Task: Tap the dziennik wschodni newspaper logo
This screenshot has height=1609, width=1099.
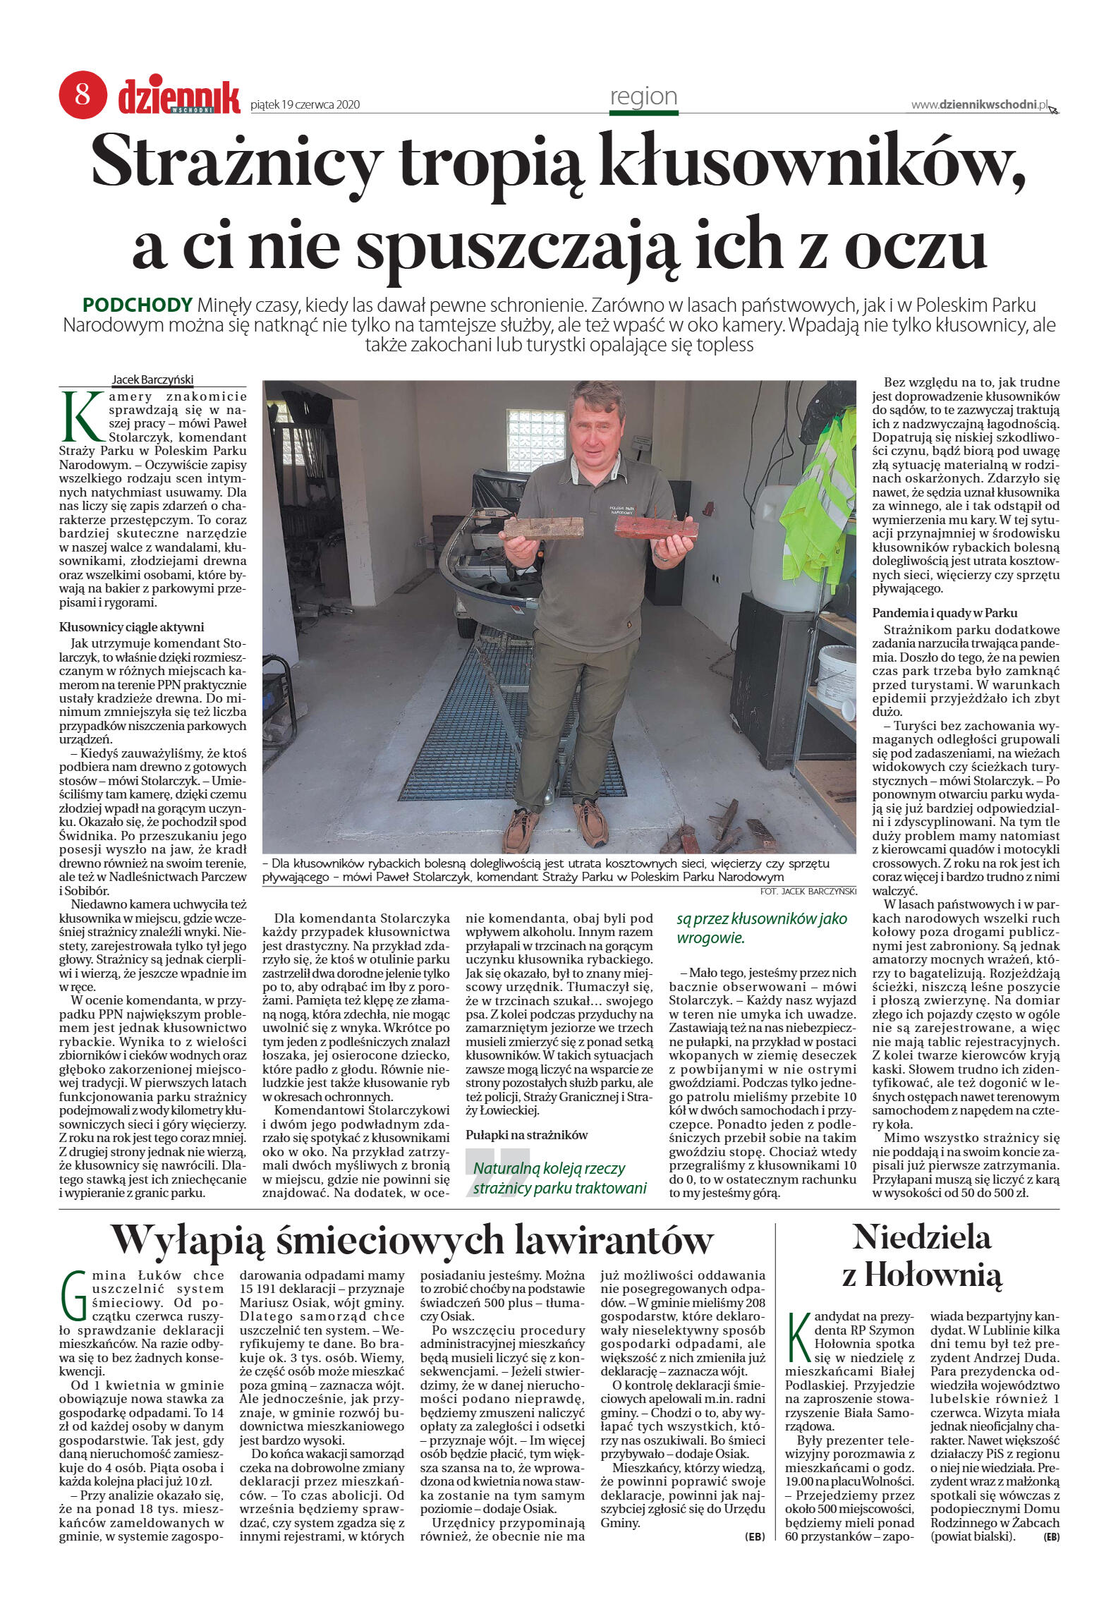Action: pyautogui.click(x=179, y=97)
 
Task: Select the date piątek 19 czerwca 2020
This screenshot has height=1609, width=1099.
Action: pyautogui.click(x=305, y=105)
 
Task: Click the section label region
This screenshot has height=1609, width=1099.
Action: pyautogui.click(x=643, y=97)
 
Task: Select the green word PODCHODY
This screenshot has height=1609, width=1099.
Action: pyautogui.click(x=138, y=305)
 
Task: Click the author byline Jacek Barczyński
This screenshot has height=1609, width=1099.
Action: pyautogui.click(x=152, y=380)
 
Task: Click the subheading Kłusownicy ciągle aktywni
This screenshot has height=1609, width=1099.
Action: pyautogui.click(x=131, y=626)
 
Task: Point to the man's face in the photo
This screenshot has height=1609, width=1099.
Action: pyautogui.click(x=595, y=423)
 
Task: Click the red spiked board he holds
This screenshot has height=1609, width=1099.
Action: pyautogui.click(x=655, y=528)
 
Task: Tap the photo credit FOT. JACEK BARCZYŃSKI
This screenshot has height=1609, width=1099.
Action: pyautogui.click(x=808, y=891)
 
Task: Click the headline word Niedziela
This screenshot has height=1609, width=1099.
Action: pyautogui.click(x=921, y=1237)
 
